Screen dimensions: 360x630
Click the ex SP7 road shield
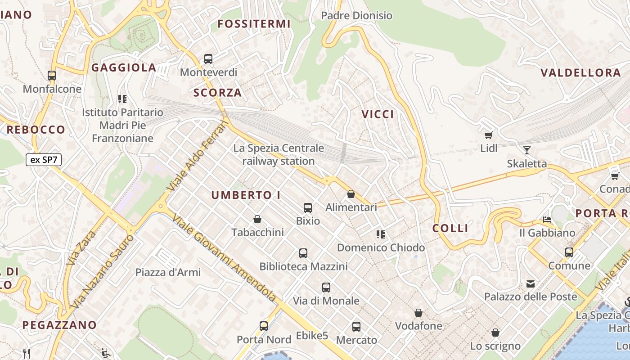point(44,160)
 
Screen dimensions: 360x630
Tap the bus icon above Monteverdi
point(208,58)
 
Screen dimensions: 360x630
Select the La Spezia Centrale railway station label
point(279,154)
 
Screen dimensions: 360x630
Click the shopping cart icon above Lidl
point(488,135)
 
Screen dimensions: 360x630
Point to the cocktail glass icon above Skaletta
point(526,150)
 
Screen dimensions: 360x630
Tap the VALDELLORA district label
point(580,73)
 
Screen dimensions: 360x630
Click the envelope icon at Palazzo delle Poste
point(531,283)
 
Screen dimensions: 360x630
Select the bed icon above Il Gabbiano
point(547,220)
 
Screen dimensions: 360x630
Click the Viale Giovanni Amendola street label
point(224,258)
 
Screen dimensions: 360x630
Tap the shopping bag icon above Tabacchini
point(257,219)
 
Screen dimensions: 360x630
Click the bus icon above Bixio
point(308,207)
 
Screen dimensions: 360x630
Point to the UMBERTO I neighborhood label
point(246,195)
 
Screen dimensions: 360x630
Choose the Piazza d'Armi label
point(168,272)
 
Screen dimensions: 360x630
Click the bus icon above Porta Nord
point(264,326)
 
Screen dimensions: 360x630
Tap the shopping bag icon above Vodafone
point(418,312)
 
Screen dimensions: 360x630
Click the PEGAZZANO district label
point(59,325)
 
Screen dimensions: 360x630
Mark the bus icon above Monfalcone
point(52,75)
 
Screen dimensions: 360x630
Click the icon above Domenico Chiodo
point(381,234)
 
